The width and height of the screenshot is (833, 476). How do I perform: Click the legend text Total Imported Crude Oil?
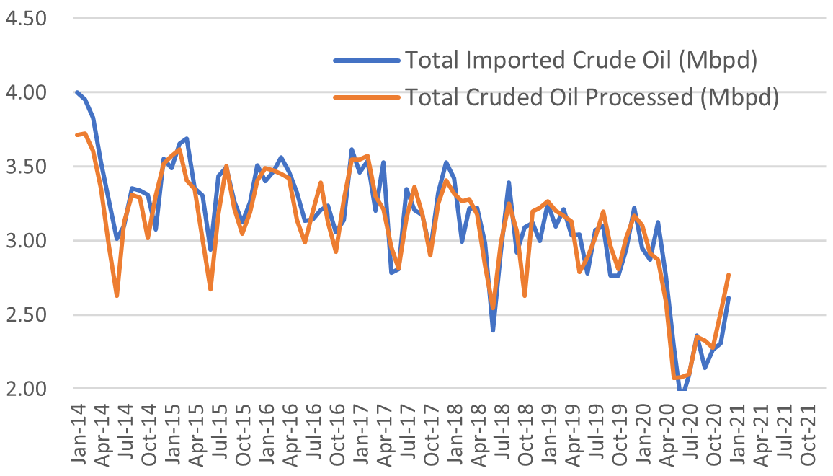[x=581, y=60]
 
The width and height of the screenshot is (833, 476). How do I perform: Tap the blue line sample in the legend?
[x=367, y=61]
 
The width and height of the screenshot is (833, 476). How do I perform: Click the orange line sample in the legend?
[x=367, y=97]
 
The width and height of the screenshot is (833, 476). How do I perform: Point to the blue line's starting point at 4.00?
[x=76, y=92]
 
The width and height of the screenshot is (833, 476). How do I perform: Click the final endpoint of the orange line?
[x=729, y=275]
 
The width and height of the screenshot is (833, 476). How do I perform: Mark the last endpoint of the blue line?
[x=729, y=298]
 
